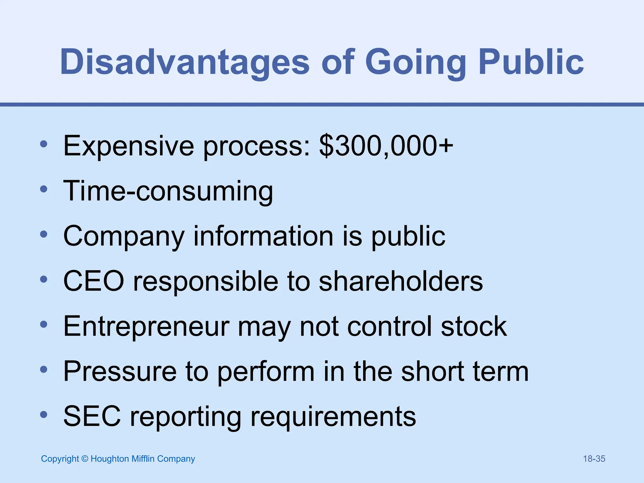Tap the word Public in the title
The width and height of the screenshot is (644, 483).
coord(531,62)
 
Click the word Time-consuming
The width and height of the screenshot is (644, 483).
coord(168,191)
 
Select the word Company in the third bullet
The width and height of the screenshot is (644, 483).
coord(124,236)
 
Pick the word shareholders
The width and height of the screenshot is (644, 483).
coord(401,281)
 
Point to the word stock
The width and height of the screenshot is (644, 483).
coord(474,326)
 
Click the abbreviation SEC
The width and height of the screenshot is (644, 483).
coord(92,417)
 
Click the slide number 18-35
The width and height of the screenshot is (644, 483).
coord(594,459)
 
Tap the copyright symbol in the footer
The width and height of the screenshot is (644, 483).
coord(85,459)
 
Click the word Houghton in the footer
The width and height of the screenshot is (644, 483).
coord(110,459)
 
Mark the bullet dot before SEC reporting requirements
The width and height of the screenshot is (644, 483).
coord(44,415)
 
